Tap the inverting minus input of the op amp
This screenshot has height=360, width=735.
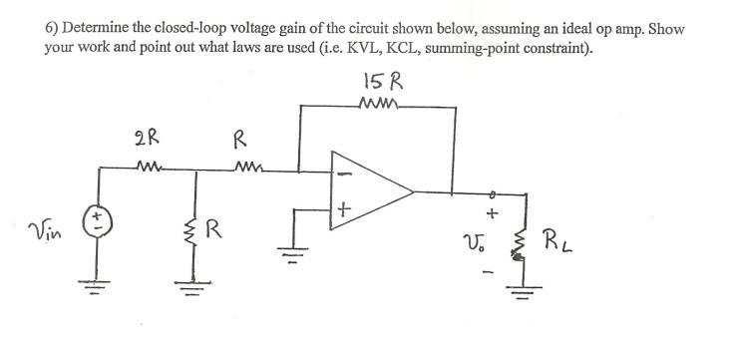(x=344, y=172)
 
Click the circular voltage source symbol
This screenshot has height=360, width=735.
(x=99, y=215)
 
